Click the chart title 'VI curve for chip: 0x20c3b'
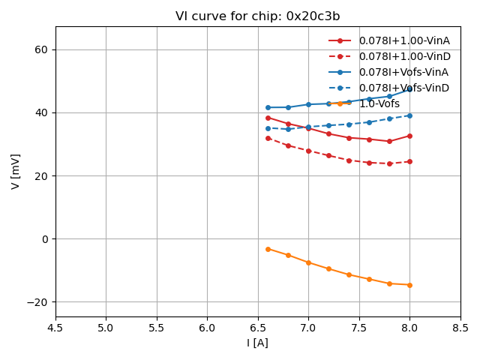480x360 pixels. coord(257,16)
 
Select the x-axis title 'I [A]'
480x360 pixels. coord(257,343)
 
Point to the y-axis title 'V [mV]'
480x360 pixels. coord(16,171)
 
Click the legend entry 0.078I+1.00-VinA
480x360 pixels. coord(403,40)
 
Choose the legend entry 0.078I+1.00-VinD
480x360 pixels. coord(403,56)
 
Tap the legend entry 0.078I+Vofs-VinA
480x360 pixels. coord(403,72)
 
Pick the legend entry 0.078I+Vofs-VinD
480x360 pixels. coord(403,88)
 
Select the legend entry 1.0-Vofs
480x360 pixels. coord(379,103)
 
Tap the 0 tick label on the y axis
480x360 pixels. coord(45,239)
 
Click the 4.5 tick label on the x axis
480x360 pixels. coord(55,328)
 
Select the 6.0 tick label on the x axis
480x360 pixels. coord(207,328)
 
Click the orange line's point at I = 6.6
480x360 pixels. coord(268,249)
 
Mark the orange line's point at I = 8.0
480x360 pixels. coord(409,285)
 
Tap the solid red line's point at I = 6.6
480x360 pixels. coord(268,118)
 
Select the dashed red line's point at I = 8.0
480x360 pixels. coord(409,161)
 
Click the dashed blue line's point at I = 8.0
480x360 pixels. coord(409,115)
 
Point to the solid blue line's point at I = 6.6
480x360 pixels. coord(268,107)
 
